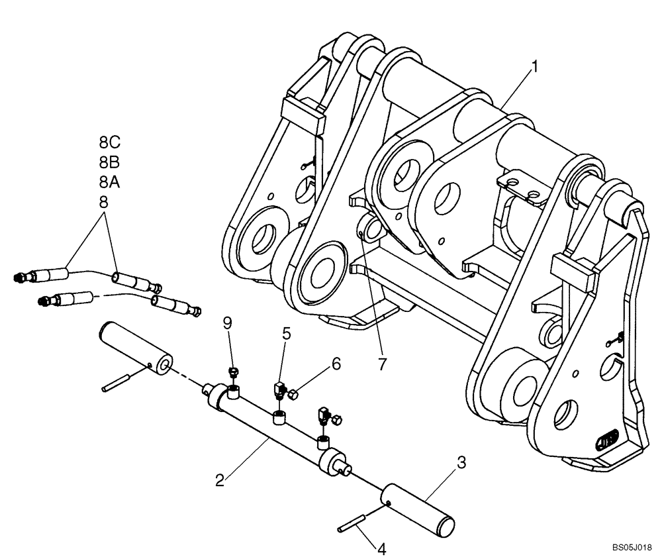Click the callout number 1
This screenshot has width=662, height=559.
(x=536, y=66)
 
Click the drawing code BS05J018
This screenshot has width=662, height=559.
(x=632, y=548)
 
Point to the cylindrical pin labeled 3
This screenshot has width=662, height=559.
(x=420, y=507)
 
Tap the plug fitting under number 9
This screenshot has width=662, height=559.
(x=232, y=372)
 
